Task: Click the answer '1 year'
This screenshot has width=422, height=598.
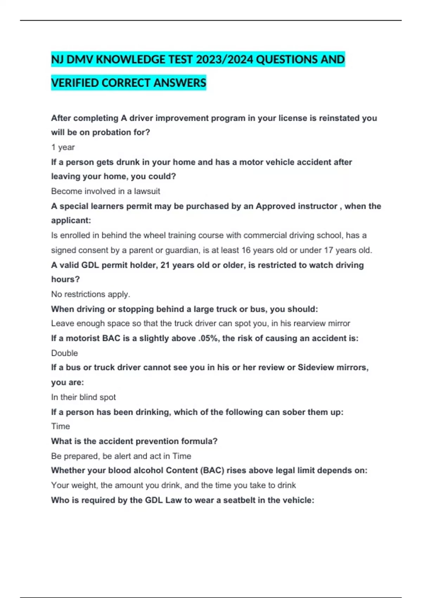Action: tap(63, 147)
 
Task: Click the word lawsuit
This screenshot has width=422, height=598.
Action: tap(147, 191)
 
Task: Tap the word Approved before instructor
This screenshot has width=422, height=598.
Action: tap(278, 206)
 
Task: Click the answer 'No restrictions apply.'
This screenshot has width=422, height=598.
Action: tap(91, 294)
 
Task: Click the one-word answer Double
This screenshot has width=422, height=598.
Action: tap(65, 353)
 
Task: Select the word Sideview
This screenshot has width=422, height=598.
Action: tap(315, 368)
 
